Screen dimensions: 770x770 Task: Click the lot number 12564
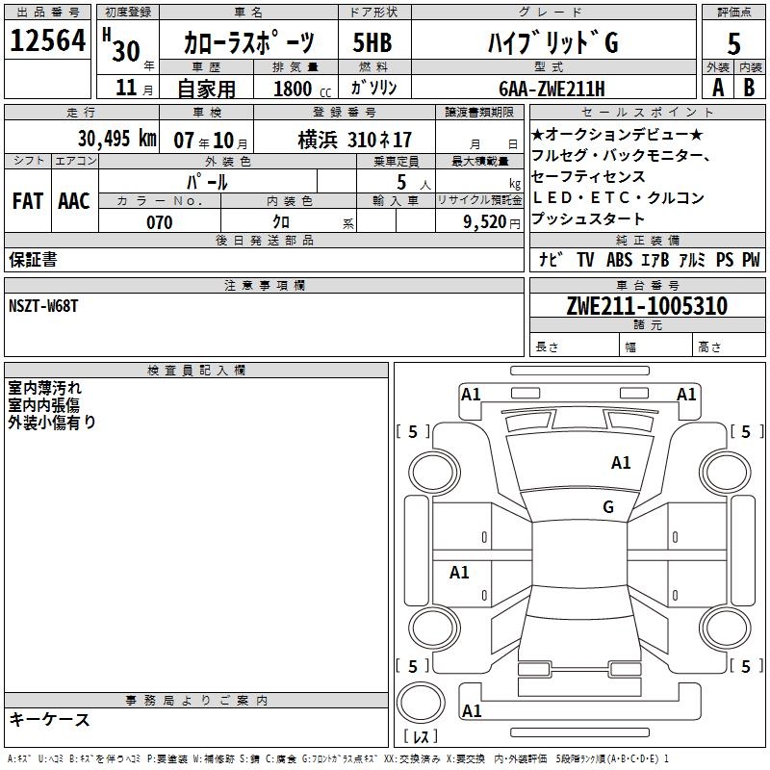(47, 40)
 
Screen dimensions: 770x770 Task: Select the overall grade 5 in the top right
(733, 43)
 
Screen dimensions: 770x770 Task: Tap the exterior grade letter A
(718, 88)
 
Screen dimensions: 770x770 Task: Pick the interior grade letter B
(749, 88)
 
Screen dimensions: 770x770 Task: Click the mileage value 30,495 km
(117, 139)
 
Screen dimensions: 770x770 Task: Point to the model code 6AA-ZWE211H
(552, 89)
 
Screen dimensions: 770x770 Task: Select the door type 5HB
(372, 42)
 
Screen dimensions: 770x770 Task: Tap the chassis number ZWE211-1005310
(647, 306)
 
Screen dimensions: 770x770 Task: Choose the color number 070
(160, 222)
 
